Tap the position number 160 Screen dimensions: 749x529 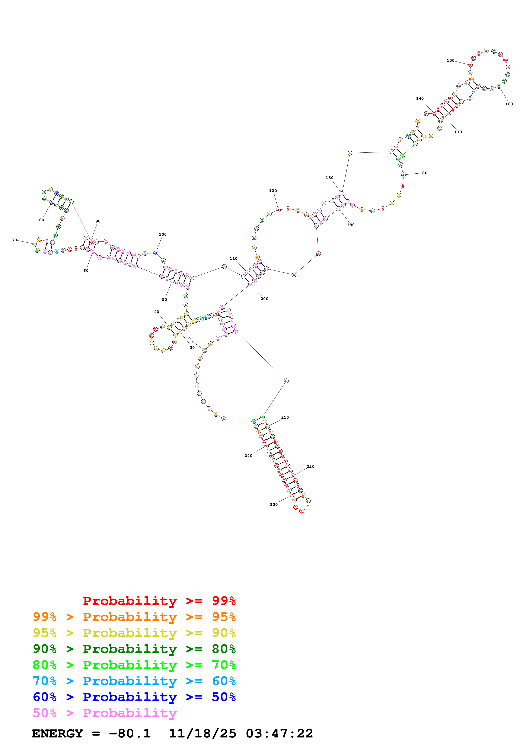(509, 104)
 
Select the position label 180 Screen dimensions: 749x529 (423, 173)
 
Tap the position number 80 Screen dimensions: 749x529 (41, 220)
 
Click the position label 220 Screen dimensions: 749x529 (310, 467)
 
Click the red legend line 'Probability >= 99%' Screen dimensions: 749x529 (159, 601)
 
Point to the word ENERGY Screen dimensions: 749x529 (57, 733)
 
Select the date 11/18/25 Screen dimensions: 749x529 (203, 733)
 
